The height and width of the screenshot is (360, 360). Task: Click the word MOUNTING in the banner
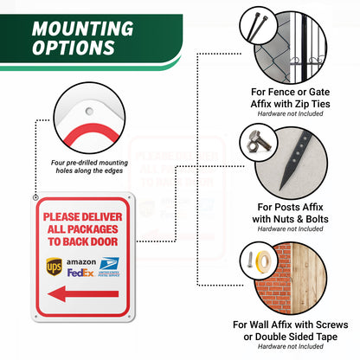(83, 29)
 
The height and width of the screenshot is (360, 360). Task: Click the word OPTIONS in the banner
(74, 48)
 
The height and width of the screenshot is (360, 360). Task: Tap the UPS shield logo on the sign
(54, 267)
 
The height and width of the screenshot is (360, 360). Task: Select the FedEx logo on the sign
(80, 273)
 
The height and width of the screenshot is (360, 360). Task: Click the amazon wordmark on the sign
(81, 262)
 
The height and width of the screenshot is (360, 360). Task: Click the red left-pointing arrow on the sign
(83, 294)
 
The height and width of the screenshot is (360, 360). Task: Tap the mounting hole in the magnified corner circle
(89, 111)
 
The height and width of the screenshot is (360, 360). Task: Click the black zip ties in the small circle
(258, 26)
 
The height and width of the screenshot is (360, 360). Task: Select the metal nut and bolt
(259, 142)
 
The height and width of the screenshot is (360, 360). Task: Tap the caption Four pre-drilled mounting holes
(89, 167)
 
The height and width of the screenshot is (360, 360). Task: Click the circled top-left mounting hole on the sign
(35, 198)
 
